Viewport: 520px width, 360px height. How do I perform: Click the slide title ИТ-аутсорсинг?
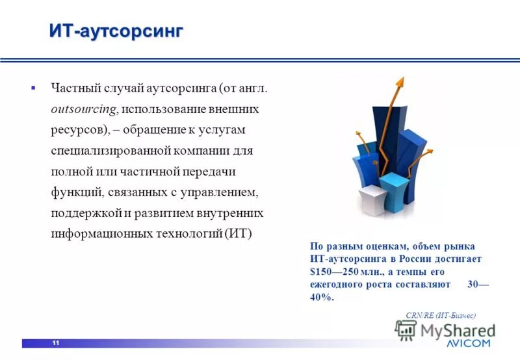[116, 31]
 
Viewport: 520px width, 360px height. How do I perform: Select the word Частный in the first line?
[73, 87]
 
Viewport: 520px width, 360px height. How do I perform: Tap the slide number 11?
[56, 343]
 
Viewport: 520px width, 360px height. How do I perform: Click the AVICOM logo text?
[469, 342]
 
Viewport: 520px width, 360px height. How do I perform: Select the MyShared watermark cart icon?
[406, 331]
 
